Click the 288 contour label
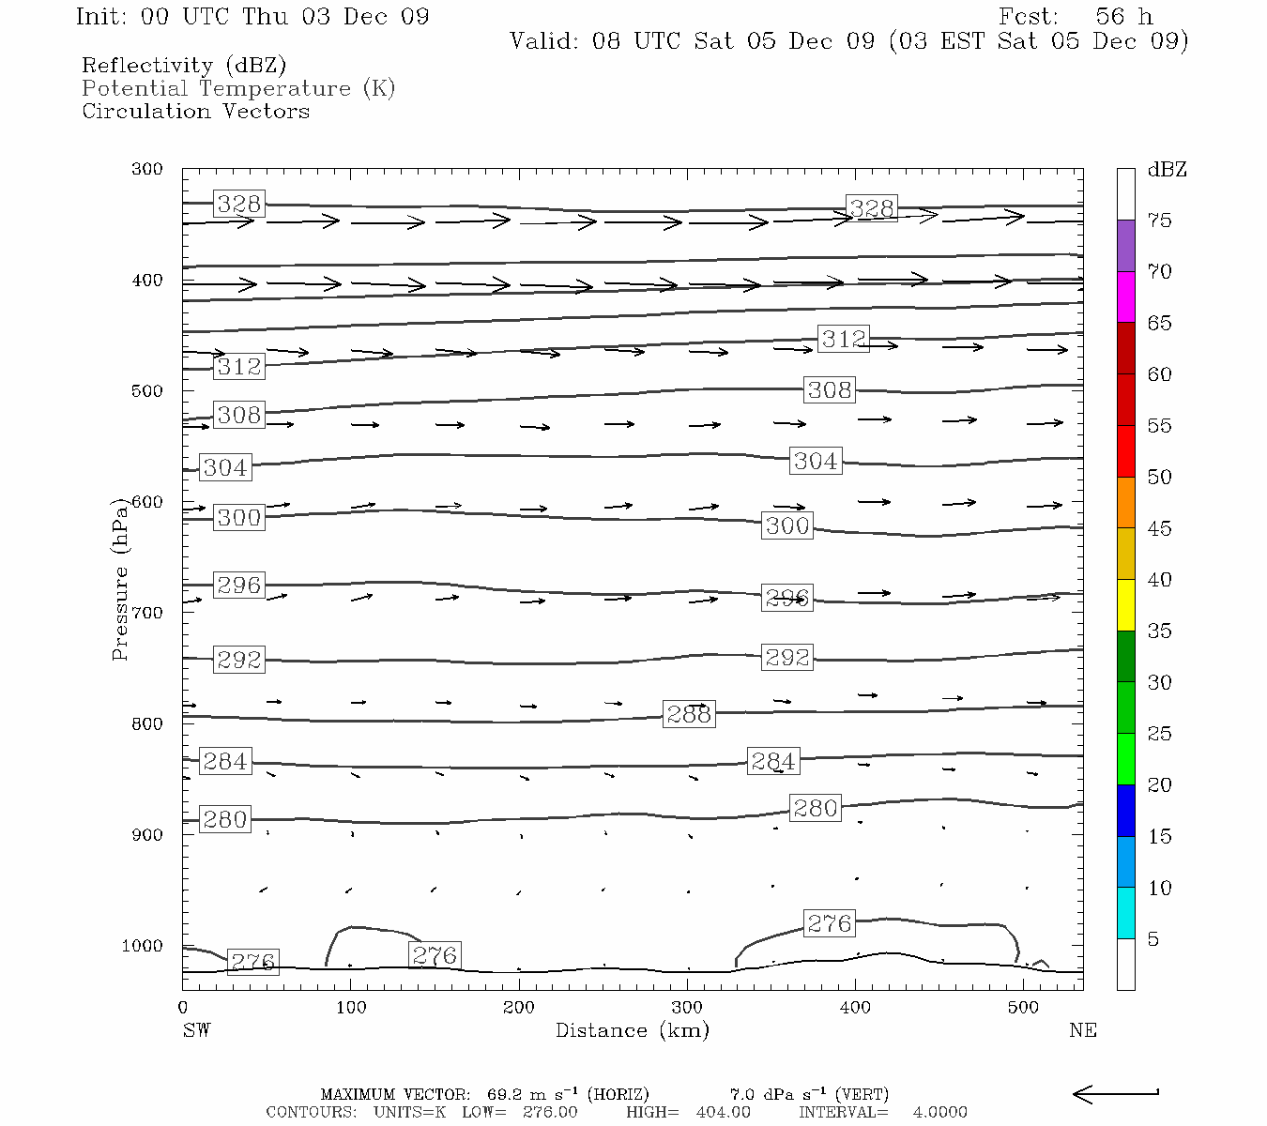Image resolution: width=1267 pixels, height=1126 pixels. click(689, 714)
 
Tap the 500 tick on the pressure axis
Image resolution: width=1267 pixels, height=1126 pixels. click(147, 391)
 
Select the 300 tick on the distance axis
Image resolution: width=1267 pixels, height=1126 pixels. click(687, 1008)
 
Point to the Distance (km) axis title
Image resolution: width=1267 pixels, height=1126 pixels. click(632, 1030)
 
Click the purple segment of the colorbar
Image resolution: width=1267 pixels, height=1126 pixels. click(1125, 246)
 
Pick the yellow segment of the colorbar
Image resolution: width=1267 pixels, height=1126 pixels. click(1125, 605)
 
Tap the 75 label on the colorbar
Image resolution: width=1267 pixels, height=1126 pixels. click(1159, 221)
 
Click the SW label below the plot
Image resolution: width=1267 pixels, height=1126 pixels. click(196, 1030)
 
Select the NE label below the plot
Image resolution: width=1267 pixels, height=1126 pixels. click(1082, 1030)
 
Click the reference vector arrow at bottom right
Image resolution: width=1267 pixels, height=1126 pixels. click(1115, 1093)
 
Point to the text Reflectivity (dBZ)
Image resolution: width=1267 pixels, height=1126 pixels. click(184, 66)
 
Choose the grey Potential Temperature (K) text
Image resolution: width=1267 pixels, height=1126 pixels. click(238, 88)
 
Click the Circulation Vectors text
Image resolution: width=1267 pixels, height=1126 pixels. click(195, 111)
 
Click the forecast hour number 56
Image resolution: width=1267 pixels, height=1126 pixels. click(1109, 17)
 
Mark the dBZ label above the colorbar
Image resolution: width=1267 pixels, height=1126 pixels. click(1167, 170)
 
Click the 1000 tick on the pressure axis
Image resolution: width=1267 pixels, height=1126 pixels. click(142, 946)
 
